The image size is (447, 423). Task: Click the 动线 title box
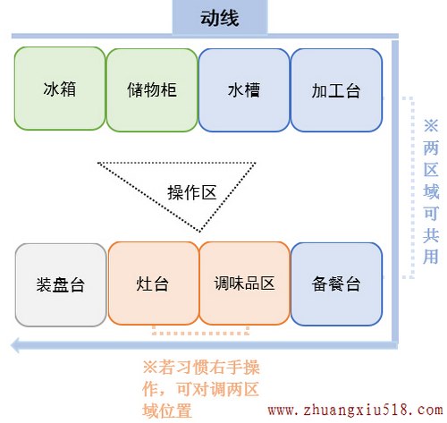pos(220,17)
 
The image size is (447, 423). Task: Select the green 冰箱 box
pos(60,89)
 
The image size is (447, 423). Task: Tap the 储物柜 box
pos(152,90)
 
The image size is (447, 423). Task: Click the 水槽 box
pos(244,90)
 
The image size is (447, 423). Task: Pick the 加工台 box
pos(336,90)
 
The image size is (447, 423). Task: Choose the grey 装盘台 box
pos(61,285)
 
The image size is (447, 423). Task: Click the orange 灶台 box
pos(153,283)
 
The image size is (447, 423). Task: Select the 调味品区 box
pos(244,283)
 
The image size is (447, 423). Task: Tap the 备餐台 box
pos(336,284)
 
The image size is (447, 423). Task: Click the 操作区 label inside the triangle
pos(192,192)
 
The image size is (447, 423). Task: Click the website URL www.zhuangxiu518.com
pos(355,410)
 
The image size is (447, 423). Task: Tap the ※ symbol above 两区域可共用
pos(431,125)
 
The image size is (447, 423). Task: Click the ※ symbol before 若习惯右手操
pos(149,367)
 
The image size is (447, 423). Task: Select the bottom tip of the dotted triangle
pos(200,232)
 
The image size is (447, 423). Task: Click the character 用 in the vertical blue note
pos(431,256)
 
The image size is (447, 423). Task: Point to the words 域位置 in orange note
pos(167,411)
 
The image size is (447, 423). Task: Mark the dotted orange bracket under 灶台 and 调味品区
pos(200,333)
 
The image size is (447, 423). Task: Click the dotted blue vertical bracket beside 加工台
pos(412,188)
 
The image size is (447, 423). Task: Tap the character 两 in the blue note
pos(431,148)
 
